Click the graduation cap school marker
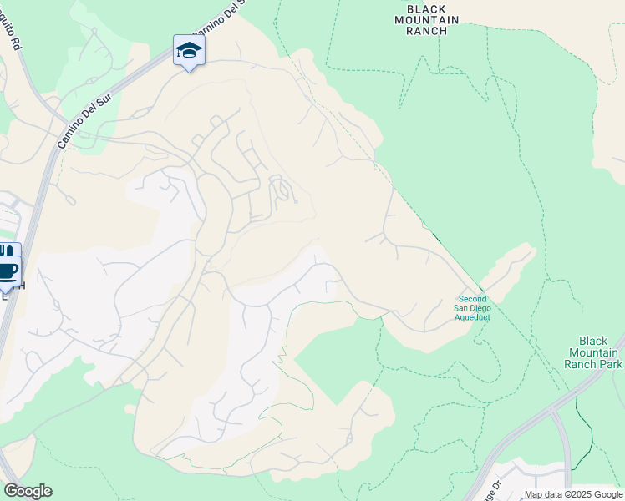[189, 51]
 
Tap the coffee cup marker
[8, 271]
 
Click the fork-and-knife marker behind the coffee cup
[5, 250]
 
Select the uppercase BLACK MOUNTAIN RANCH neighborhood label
[433, 19]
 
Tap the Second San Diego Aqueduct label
[473, 308]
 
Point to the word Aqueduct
[473, 317]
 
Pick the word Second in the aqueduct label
[473, 299]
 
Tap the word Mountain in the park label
[593, 352]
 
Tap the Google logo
[28, 491]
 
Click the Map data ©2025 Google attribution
[573, 494]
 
